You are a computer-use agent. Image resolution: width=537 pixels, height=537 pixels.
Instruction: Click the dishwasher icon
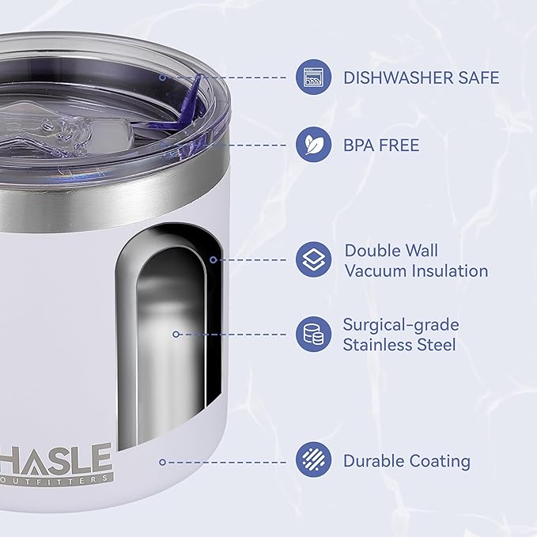tap(313, 77)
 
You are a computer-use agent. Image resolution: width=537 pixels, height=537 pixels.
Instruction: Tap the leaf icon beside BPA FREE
tap(313, 145)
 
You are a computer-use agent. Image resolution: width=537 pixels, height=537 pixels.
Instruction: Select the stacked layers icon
tap(313, 259)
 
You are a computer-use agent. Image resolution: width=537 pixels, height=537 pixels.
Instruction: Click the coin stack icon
tap(313, 334)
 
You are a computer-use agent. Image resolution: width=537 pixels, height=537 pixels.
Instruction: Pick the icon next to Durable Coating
tap(313, 459)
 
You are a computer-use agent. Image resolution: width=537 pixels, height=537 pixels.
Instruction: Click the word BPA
tap(358, 146)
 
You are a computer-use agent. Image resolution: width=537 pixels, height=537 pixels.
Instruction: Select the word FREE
tap(399, 146)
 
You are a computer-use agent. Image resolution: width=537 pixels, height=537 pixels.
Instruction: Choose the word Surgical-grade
tap(401, 326)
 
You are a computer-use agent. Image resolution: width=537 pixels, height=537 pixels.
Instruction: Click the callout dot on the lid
tap(163, 78)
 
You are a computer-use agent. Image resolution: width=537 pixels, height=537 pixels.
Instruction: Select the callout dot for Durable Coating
tap(163, 463)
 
